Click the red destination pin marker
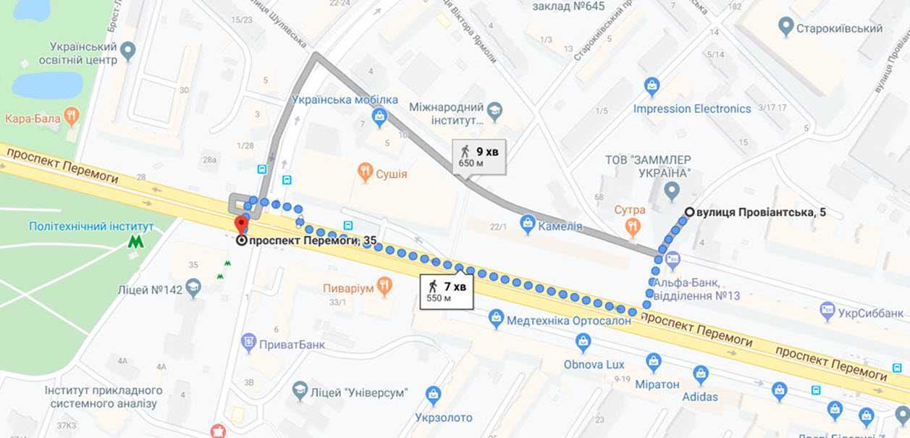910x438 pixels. click(x=240, y=224)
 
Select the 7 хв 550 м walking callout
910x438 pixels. click(x=447, y=291)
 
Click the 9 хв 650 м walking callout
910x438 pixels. click(x=479, y=156)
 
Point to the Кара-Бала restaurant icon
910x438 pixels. click(x=71, y=116)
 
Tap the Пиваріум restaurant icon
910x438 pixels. click(x=384, y=287)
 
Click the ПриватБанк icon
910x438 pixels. click(x=249, y=342)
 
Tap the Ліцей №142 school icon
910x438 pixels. click(x=193, y=290)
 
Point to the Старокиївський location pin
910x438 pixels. click(x=785, y=28)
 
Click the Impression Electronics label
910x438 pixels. click(x=691, y=109)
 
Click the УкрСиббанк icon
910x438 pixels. click(x=827, y=311)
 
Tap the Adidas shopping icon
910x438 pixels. click(x=700, y=375)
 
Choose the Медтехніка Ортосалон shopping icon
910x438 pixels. click(x=496, y=319)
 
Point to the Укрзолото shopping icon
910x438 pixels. click(x=434, y=395)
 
